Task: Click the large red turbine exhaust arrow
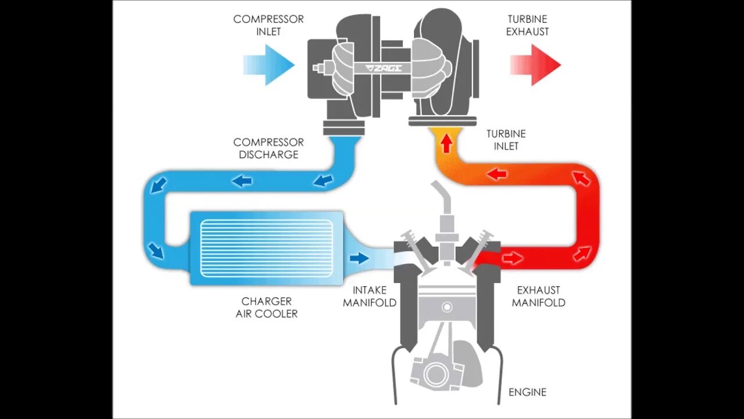point(535,65)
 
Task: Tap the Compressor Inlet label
point(269,25)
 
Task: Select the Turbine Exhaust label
point(527,25)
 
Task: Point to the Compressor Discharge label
point(269,148)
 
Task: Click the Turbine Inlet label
point(506,140)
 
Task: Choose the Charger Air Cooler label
point(267,307)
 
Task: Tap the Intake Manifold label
point(370,296)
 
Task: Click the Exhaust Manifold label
point(539,296)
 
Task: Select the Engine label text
point(527,392)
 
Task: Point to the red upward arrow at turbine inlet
point(446,143)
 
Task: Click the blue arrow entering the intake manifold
point(359,257)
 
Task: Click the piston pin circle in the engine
point(446,307)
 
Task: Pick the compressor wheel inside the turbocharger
point(346,69)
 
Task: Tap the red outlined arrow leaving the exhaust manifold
point(512,257)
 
